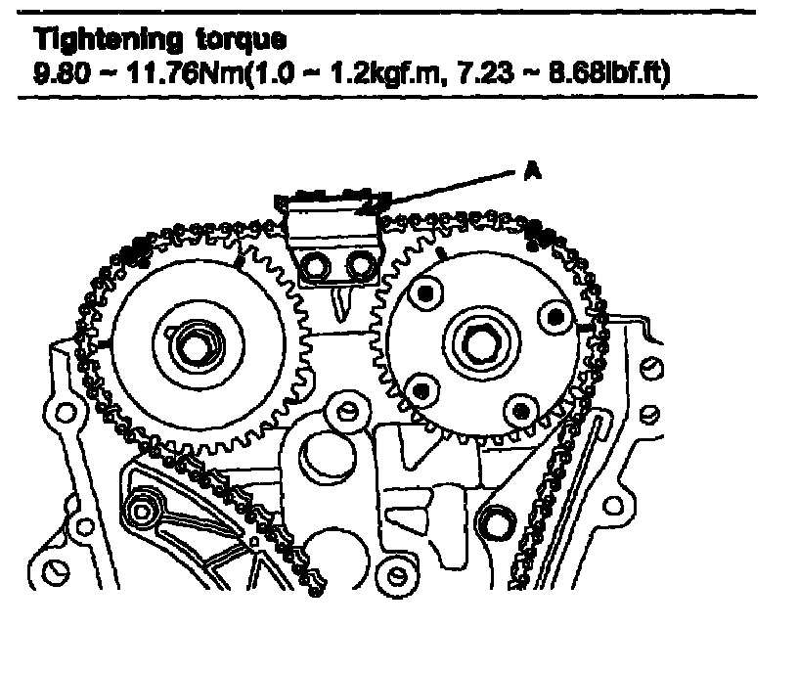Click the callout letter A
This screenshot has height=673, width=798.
coord(532,171)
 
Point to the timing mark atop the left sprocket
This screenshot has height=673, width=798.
coord(241,262)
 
